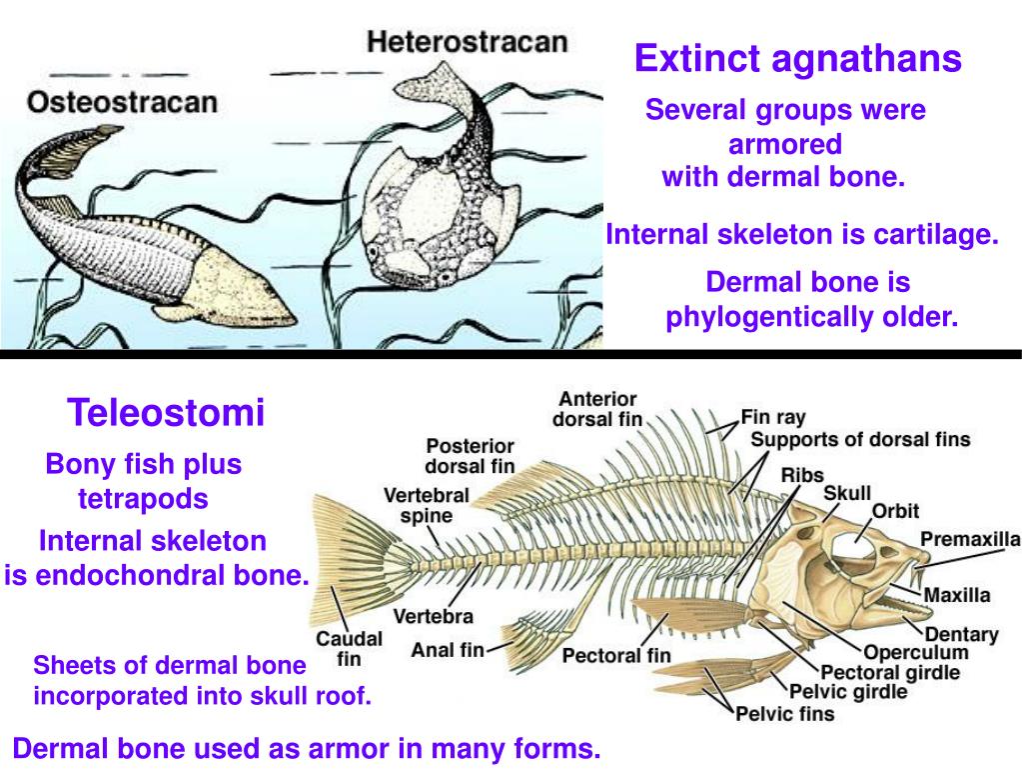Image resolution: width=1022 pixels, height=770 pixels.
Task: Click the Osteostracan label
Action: coord(123,101)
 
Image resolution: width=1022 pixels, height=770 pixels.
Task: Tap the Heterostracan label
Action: coord(468,42)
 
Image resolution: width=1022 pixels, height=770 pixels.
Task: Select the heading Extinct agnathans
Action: coord(798,59)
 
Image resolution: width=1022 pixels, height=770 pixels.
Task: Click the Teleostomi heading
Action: coord(166,411)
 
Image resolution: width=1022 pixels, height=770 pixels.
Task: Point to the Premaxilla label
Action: coord(970,539)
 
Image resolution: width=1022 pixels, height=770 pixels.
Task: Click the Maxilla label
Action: coord(956,595)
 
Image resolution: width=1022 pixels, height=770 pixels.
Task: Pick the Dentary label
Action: coord(961,634)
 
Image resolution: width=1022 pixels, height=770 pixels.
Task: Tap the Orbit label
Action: coord(895,511)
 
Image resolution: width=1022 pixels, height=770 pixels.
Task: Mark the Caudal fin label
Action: coord(349,648)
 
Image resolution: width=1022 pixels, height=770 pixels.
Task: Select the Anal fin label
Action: coord(447,650)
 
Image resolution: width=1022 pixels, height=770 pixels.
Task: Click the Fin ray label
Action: coord(773,417)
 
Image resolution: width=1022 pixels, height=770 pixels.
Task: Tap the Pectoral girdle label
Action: coord(890,672)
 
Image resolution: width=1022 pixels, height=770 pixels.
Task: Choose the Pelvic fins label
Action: coord(784,714)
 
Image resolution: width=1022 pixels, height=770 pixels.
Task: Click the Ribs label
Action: coord(802,474)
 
